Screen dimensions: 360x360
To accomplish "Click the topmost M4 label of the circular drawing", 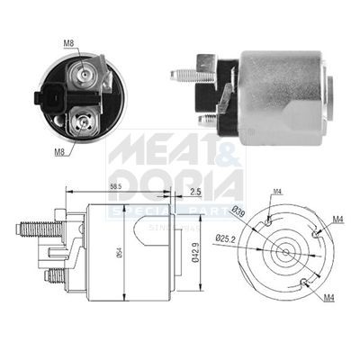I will (278, 191).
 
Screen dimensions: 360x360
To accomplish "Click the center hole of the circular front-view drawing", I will (286, 253).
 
